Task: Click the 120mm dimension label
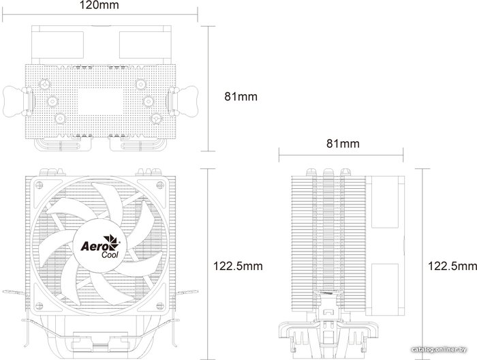coord(99,5)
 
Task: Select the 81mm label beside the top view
coord(241,96)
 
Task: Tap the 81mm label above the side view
coord(343,143)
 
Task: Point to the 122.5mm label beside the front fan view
coord(238,266)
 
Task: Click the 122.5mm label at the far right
coord(452,266)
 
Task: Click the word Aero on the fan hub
coord(91,246)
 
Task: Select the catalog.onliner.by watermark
coord(439,350)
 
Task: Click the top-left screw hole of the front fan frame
coord(39,184)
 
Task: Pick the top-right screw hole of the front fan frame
coord(160,184)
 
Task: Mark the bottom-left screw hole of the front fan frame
coord(39,305)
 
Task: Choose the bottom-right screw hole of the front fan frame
coord(160,305)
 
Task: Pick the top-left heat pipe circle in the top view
coord(45,84)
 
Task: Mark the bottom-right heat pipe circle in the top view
coord(156,118)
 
